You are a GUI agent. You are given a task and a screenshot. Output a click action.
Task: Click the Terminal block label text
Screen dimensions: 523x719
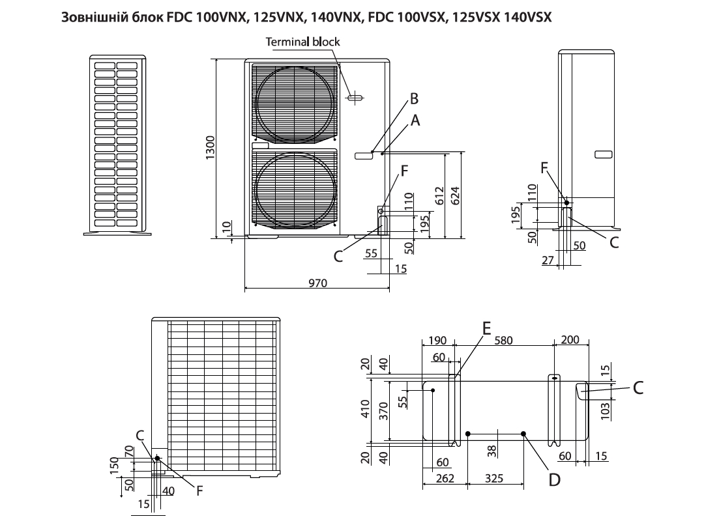(x=302, y=42)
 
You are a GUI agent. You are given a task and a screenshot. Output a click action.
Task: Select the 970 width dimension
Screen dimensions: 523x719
(x=317, y=282)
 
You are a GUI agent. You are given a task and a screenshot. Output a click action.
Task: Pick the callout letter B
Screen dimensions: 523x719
(x=413, y=99)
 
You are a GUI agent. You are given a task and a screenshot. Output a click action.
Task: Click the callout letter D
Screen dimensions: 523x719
(x=554, y=480)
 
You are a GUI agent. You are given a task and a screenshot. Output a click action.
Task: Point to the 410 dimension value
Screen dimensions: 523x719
(x=365, y=410)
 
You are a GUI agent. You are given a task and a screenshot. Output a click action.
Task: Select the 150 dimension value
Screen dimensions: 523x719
(x=115, y=466)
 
